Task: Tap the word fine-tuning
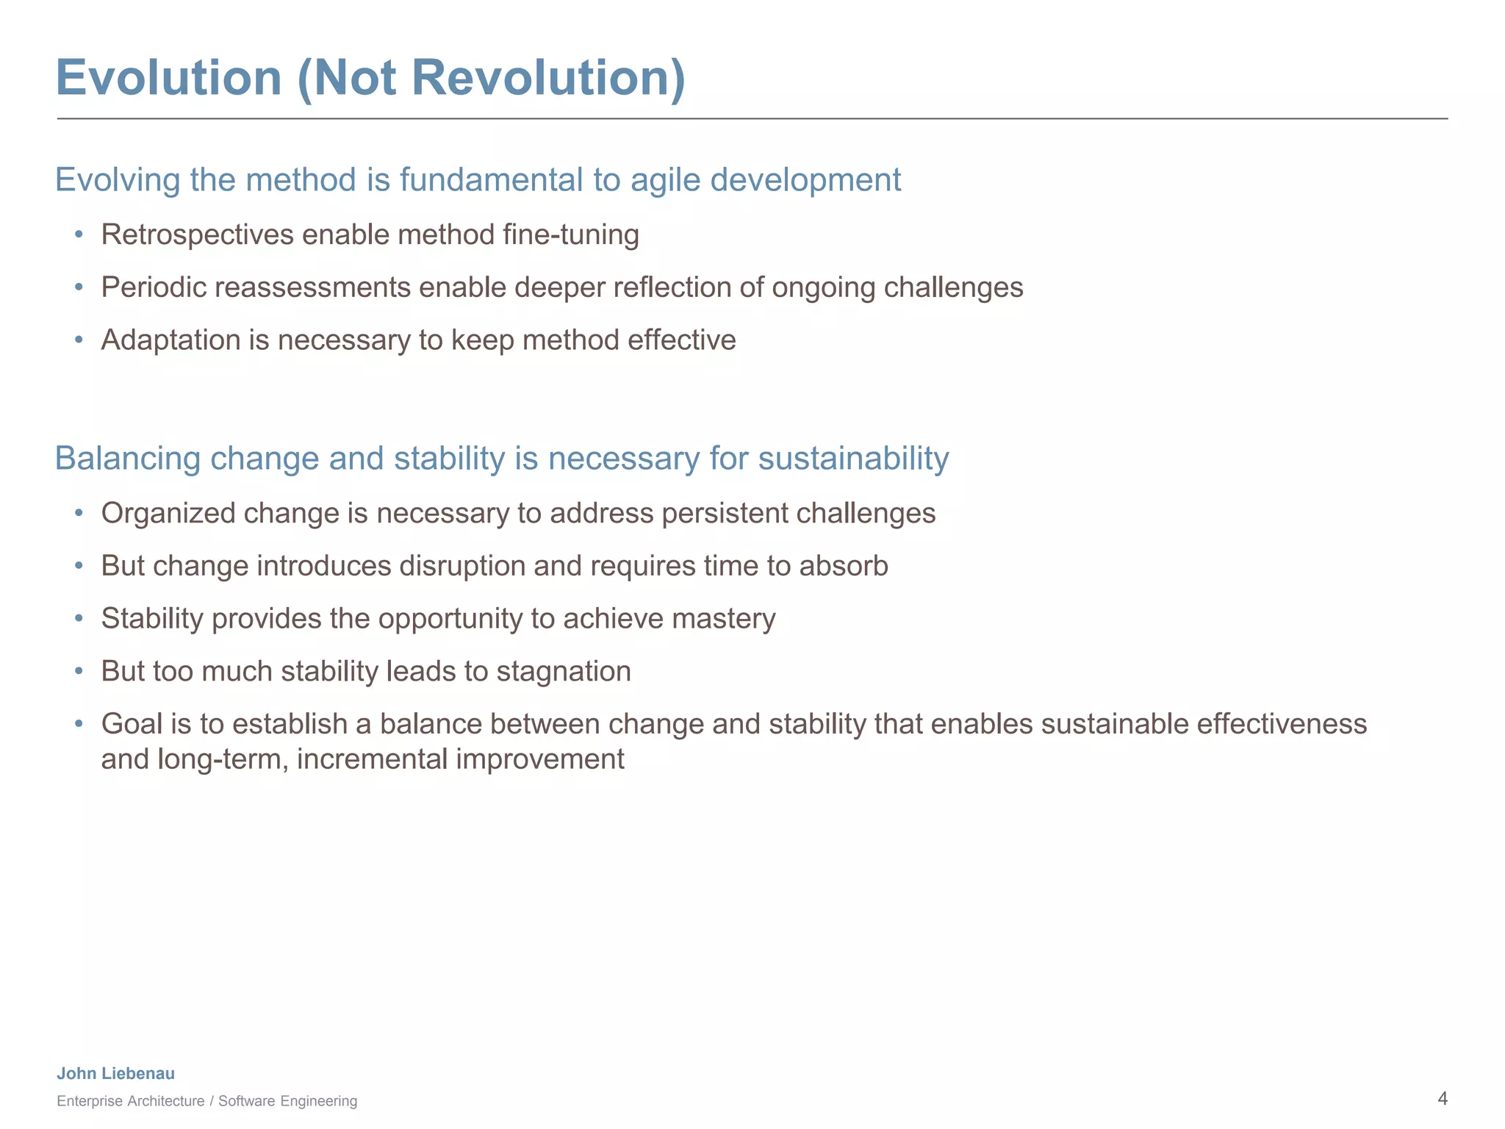pyautogui.click(x=570, y=235)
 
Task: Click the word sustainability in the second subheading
pyautogui.click(x=853, y=459)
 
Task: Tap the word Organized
pyautogui.click(x=168, y=514)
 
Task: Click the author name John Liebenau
pyautogui.click(x=116, y=1073)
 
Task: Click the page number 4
pyautogui.click(x=1442, y=1099)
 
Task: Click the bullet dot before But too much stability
pyautogui.click(x=79, y=672)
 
